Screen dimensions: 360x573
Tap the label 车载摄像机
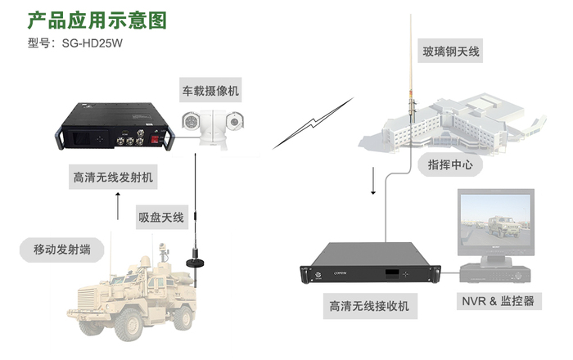pos(210,90)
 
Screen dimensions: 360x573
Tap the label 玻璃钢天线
pos(450,52)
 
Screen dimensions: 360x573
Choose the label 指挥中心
pos(449,164)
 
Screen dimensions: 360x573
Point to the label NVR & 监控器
pos(498,302)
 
